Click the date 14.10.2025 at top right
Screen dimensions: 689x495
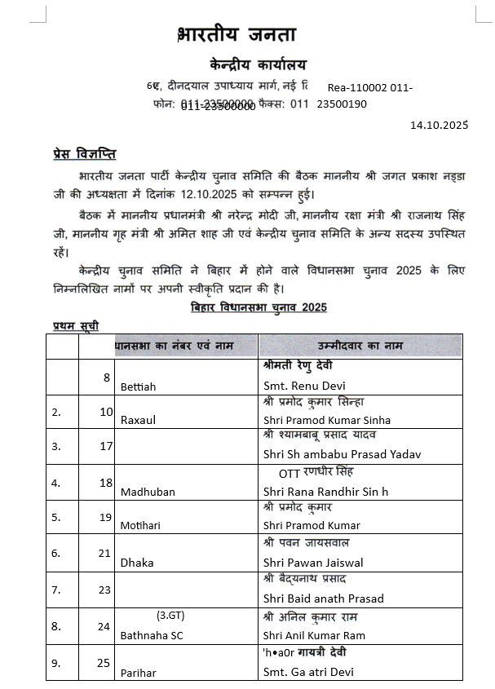pos(439,125)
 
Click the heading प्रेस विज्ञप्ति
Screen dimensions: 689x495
pos(79,155)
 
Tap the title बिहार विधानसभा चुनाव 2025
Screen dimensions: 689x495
pos(259,307)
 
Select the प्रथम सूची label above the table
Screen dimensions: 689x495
pos(71,325)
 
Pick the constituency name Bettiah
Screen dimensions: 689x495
pos(138,386)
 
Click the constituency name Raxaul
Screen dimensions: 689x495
pos(138,420)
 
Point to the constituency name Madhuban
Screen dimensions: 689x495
pos(148,492)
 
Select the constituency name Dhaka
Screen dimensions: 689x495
pos(136,563)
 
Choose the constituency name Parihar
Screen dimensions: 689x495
pos(138,673)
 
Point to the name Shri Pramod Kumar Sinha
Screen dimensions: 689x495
pos(327,420)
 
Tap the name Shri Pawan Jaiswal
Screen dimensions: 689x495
pos(314,563)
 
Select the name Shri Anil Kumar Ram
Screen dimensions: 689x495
pos(315,635)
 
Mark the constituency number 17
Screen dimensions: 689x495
pos(106,447)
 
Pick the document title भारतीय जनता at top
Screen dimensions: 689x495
pos(236,34)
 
